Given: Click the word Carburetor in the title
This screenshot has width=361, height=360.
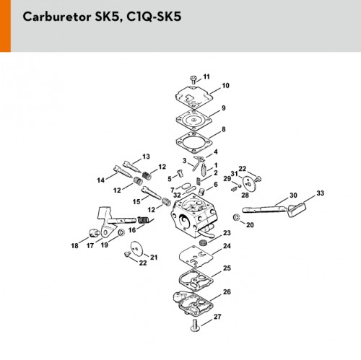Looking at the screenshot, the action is tap(57, 17).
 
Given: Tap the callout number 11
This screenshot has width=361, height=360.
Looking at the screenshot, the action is tap(206, 76).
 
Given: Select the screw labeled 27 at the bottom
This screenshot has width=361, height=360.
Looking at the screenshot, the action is tap(195, 325).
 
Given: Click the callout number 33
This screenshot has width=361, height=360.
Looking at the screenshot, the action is tap(320, 193).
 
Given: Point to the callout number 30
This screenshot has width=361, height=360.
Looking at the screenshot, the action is tap(293, 196).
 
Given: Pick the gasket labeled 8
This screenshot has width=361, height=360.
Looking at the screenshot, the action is tap(193, 143).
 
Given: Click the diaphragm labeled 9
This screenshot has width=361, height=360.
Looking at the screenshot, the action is tap(193, 120).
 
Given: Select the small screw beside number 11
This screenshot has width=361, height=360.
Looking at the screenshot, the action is tap(193, 80).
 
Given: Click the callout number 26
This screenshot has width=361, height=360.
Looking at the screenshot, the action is tap(227, 292).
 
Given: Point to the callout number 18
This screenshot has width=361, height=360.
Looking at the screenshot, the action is tap(74, 246).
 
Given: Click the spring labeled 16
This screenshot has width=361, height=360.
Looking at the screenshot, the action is tap(145, 220).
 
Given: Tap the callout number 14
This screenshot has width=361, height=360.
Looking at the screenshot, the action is tap(100, 180).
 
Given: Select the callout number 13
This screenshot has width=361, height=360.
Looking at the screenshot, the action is tap(146, 157).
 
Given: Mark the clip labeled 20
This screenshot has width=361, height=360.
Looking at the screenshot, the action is tap(236, 216).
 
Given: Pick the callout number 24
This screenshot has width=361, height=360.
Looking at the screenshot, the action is tap(227, 246).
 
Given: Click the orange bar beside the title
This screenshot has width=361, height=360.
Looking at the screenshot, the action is tap(5, 26).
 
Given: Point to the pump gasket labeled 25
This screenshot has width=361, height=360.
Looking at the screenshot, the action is tap(196, 279).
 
